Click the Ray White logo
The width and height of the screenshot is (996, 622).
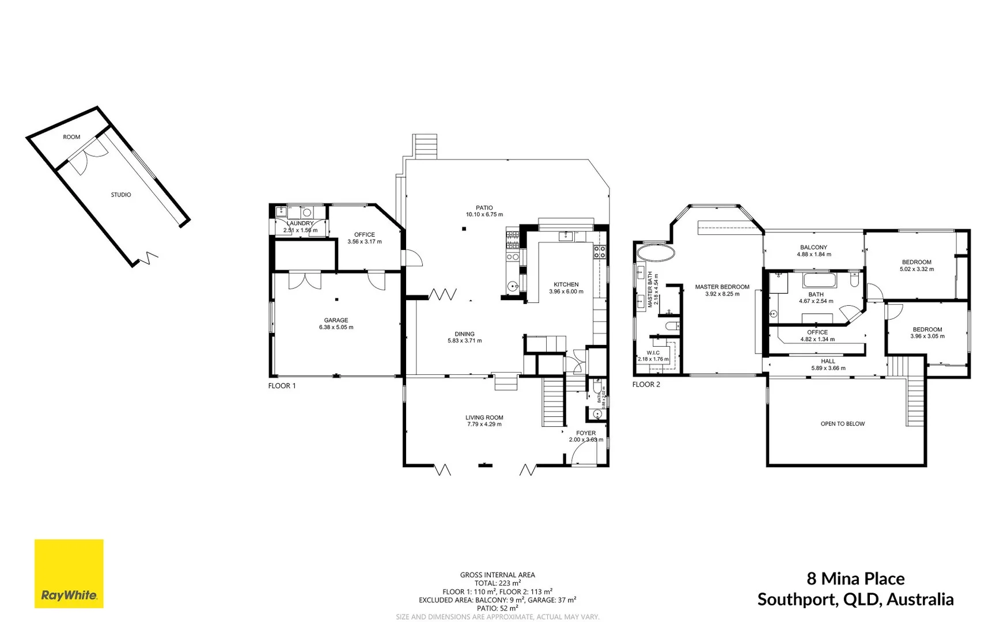(69, 574)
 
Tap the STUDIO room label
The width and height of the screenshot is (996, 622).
(121, 195)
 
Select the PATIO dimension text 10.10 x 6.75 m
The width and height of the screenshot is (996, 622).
(484, 215)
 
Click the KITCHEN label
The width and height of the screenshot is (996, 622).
(566, 285)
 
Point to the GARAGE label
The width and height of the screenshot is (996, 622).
(336, 320)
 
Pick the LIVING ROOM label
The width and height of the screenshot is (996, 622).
(484, 418)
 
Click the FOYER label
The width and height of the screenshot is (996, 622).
(586, 433)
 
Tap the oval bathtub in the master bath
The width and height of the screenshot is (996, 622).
(656, 252)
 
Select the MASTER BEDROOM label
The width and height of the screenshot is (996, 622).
(722, 287)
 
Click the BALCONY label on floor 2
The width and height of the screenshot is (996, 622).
(813, 247)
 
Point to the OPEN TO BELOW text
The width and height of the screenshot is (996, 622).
(842, 424)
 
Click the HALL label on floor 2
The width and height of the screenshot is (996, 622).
(828, 361)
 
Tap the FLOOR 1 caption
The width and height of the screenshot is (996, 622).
(282, 386)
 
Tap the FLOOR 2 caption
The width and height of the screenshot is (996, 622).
(646, 384)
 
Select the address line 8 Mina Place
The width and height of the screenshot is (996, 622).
(855, 578)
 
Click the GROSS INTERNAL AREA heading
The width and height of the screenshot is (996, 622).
(497, 575)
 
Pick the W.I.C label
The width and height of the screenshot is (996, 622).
(653, 353)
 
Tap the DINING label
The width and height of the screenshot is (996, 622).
(464, 334)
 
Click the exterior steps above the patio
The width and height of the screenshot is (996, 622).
(425, 146)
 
